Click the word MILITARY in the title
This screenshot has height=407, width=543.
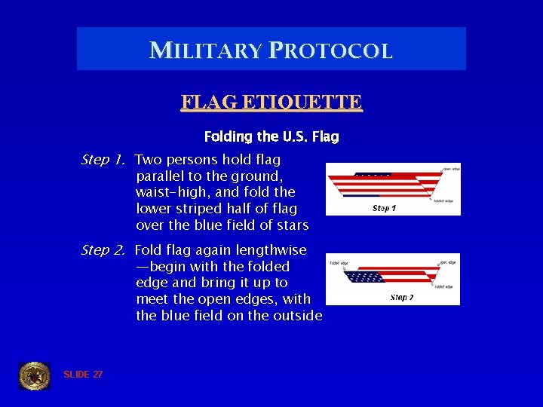click(204, 50)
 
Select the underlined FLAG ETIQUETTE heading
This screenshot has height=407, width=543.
click(271, 102)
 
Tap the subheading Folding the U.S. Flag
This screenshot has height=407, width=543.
click(271, 137)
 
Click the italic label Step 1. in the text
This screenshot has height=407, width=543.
click(104, 160)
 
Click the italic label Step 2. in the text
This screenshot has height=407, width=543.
click(104, 250)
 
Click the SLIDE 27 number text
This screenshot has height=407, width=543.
click(83, 375)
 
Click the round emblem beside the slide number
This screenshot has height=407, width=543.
click(34, 375)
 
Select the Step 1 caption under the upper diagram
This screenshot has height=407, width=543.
click(384, 208)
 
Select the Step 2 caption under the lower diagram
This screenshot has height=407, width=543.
click(401, 298)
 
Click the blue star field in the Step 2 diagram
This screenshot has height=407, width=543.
click(365, 277)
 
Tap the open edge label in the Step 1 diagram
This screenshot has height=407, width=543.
click(451, 169)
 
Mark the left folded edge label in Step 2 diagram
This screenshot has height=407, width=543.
click(338, 263)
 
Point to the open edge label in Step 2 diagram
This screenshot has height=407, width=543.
click(447, 262)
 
